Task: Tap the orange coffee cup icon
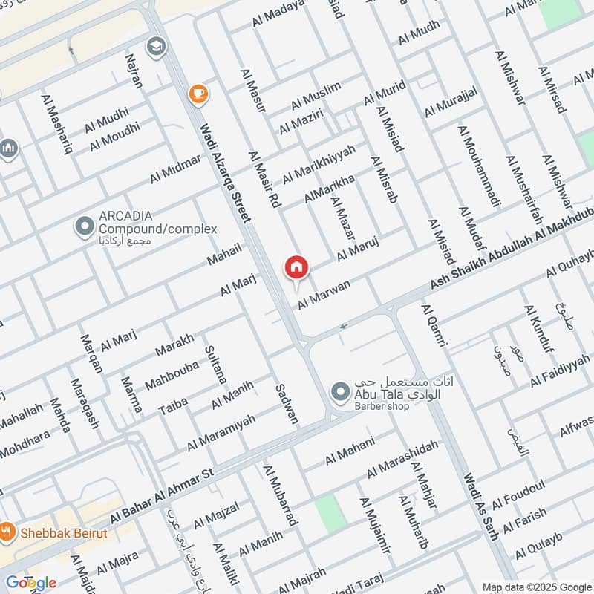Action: click(198, 93)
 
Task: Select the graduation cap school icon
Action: click(157, 47)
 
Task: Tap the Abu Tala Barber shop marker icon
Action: click(340, 391)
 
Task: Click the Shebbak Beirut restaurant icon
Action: click(8, 532)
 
